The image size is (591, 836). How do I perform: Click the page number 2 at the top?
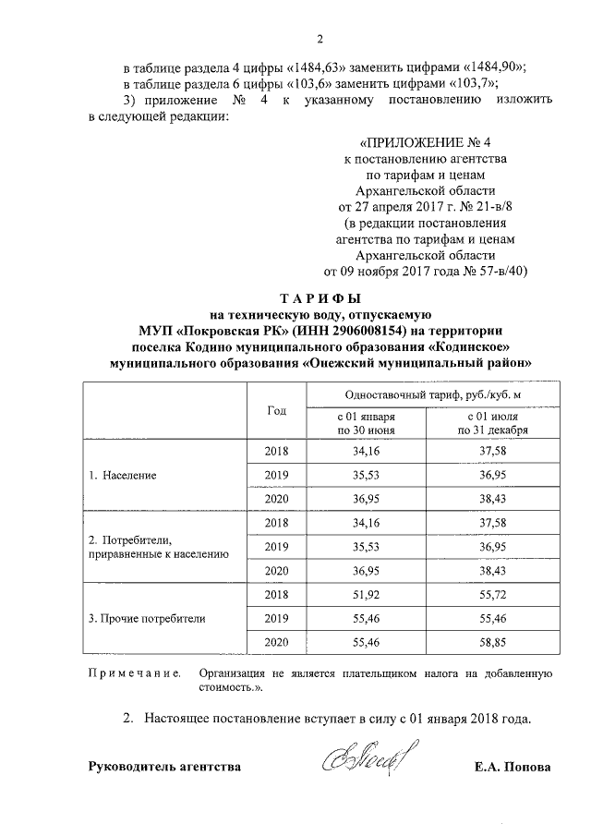[320, 39]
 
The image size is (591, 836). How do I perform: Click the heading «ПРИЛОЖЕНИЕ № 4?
[424, 143]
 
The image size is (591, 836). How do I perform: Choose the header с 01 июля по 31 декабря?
[491, 423]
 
